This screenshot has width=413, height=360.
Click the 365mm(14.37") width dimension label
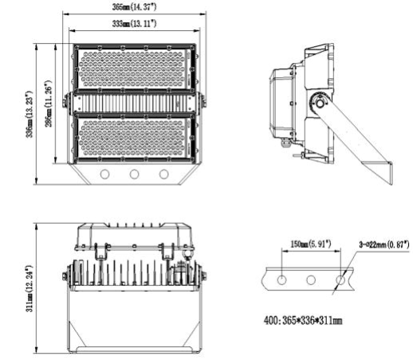pyautogui.click(x=134, y=6)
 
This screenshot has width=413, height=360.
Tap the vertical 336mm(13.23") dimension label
pyautogui.click(x=29, y=112)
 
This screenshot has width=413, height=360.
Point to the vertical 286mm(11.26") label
pyautogui.click(x=48, y=104)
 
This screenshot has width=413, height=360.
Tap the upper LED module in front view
pyautogui.click(x=134, y=69)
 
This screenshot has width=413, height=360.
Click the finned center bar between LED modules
pyautogui.click(x=134, y=103)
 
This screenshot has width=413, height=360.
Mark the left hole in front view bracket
pyautogui.click(x=104, y=174)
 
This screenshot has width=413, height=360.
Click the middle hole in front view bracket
pyautogui.click(x=134, y=174)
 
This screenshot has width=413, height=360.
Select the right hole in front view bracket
pyautogui.click(x=164, y=174)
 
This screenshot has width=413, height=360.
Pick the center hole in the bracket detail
pyautogui.click(x=311, y=280)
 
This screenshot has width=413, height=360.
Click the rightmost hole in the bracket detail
pyautogui.click(x=340, y=280)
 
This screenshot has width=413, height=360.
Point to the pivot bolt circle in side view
pyautogui.click(x=321, y=102)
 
